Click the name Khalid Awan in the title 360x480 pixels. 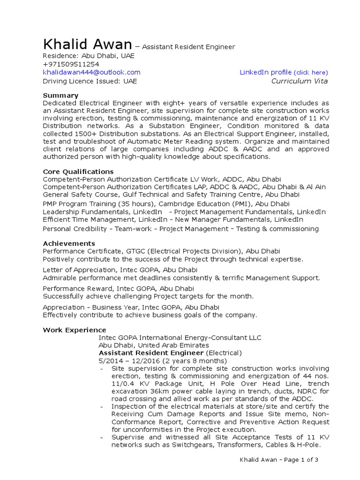(x=87, y=45)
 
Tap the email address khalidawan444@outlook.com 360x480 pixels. (x=91, y=72)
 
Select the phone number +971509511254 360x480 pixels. (x=71, y=64)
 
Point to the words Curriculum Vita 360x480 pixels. (x=300, y=81)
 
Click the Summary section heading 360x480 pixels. (x=60, y=96)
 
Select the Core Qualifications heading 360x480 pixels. (x=78, y=172)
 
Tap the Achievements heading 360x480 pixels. (x=69, y=244)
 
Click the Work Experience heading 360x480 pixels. (x=75, y=330)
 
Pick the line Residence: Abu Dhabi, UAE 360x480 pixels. (x=89, y=55)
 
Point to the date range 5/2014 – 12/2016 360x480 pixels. (x=129, y=361)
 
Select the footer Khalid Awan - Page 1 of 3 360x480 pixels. (x=279, y=460)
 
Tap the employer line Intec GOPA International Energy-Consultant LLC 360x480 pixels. (x=180, y=337)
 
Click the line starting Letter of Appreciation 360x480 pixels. (x=120, y=270)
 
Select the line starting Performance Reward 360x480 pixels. (x=118, y=289)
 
